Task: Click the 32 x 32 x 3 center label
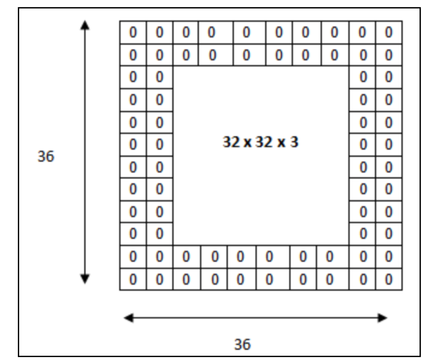pos(260,142)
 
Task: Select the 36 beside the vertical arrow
pos(46,157)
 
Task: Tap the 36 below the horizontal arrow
pos(243,344)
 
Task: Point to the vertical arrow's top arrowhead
pos(84,24)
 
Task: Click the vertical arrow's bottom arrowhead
pos(84,279)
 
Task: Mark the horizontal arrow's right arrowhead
pos(383,318)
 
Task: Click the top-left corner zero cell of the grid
pos(133,32)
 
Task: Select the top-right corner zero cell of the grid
pos(388,32)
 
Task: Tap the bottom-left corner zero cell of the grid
pos(133,279)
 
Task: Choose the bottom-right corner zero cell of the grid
pos(388,279)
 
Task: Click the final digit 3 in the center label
pos(294,142)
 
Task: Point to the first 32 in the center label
pos(231,142)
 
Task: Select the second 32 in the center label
pos(264,142)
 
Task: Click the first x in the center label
pos(247,143)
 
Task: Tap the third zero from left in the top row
pos(186,32)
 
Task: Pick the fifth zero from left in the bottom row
pos(240,279)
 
